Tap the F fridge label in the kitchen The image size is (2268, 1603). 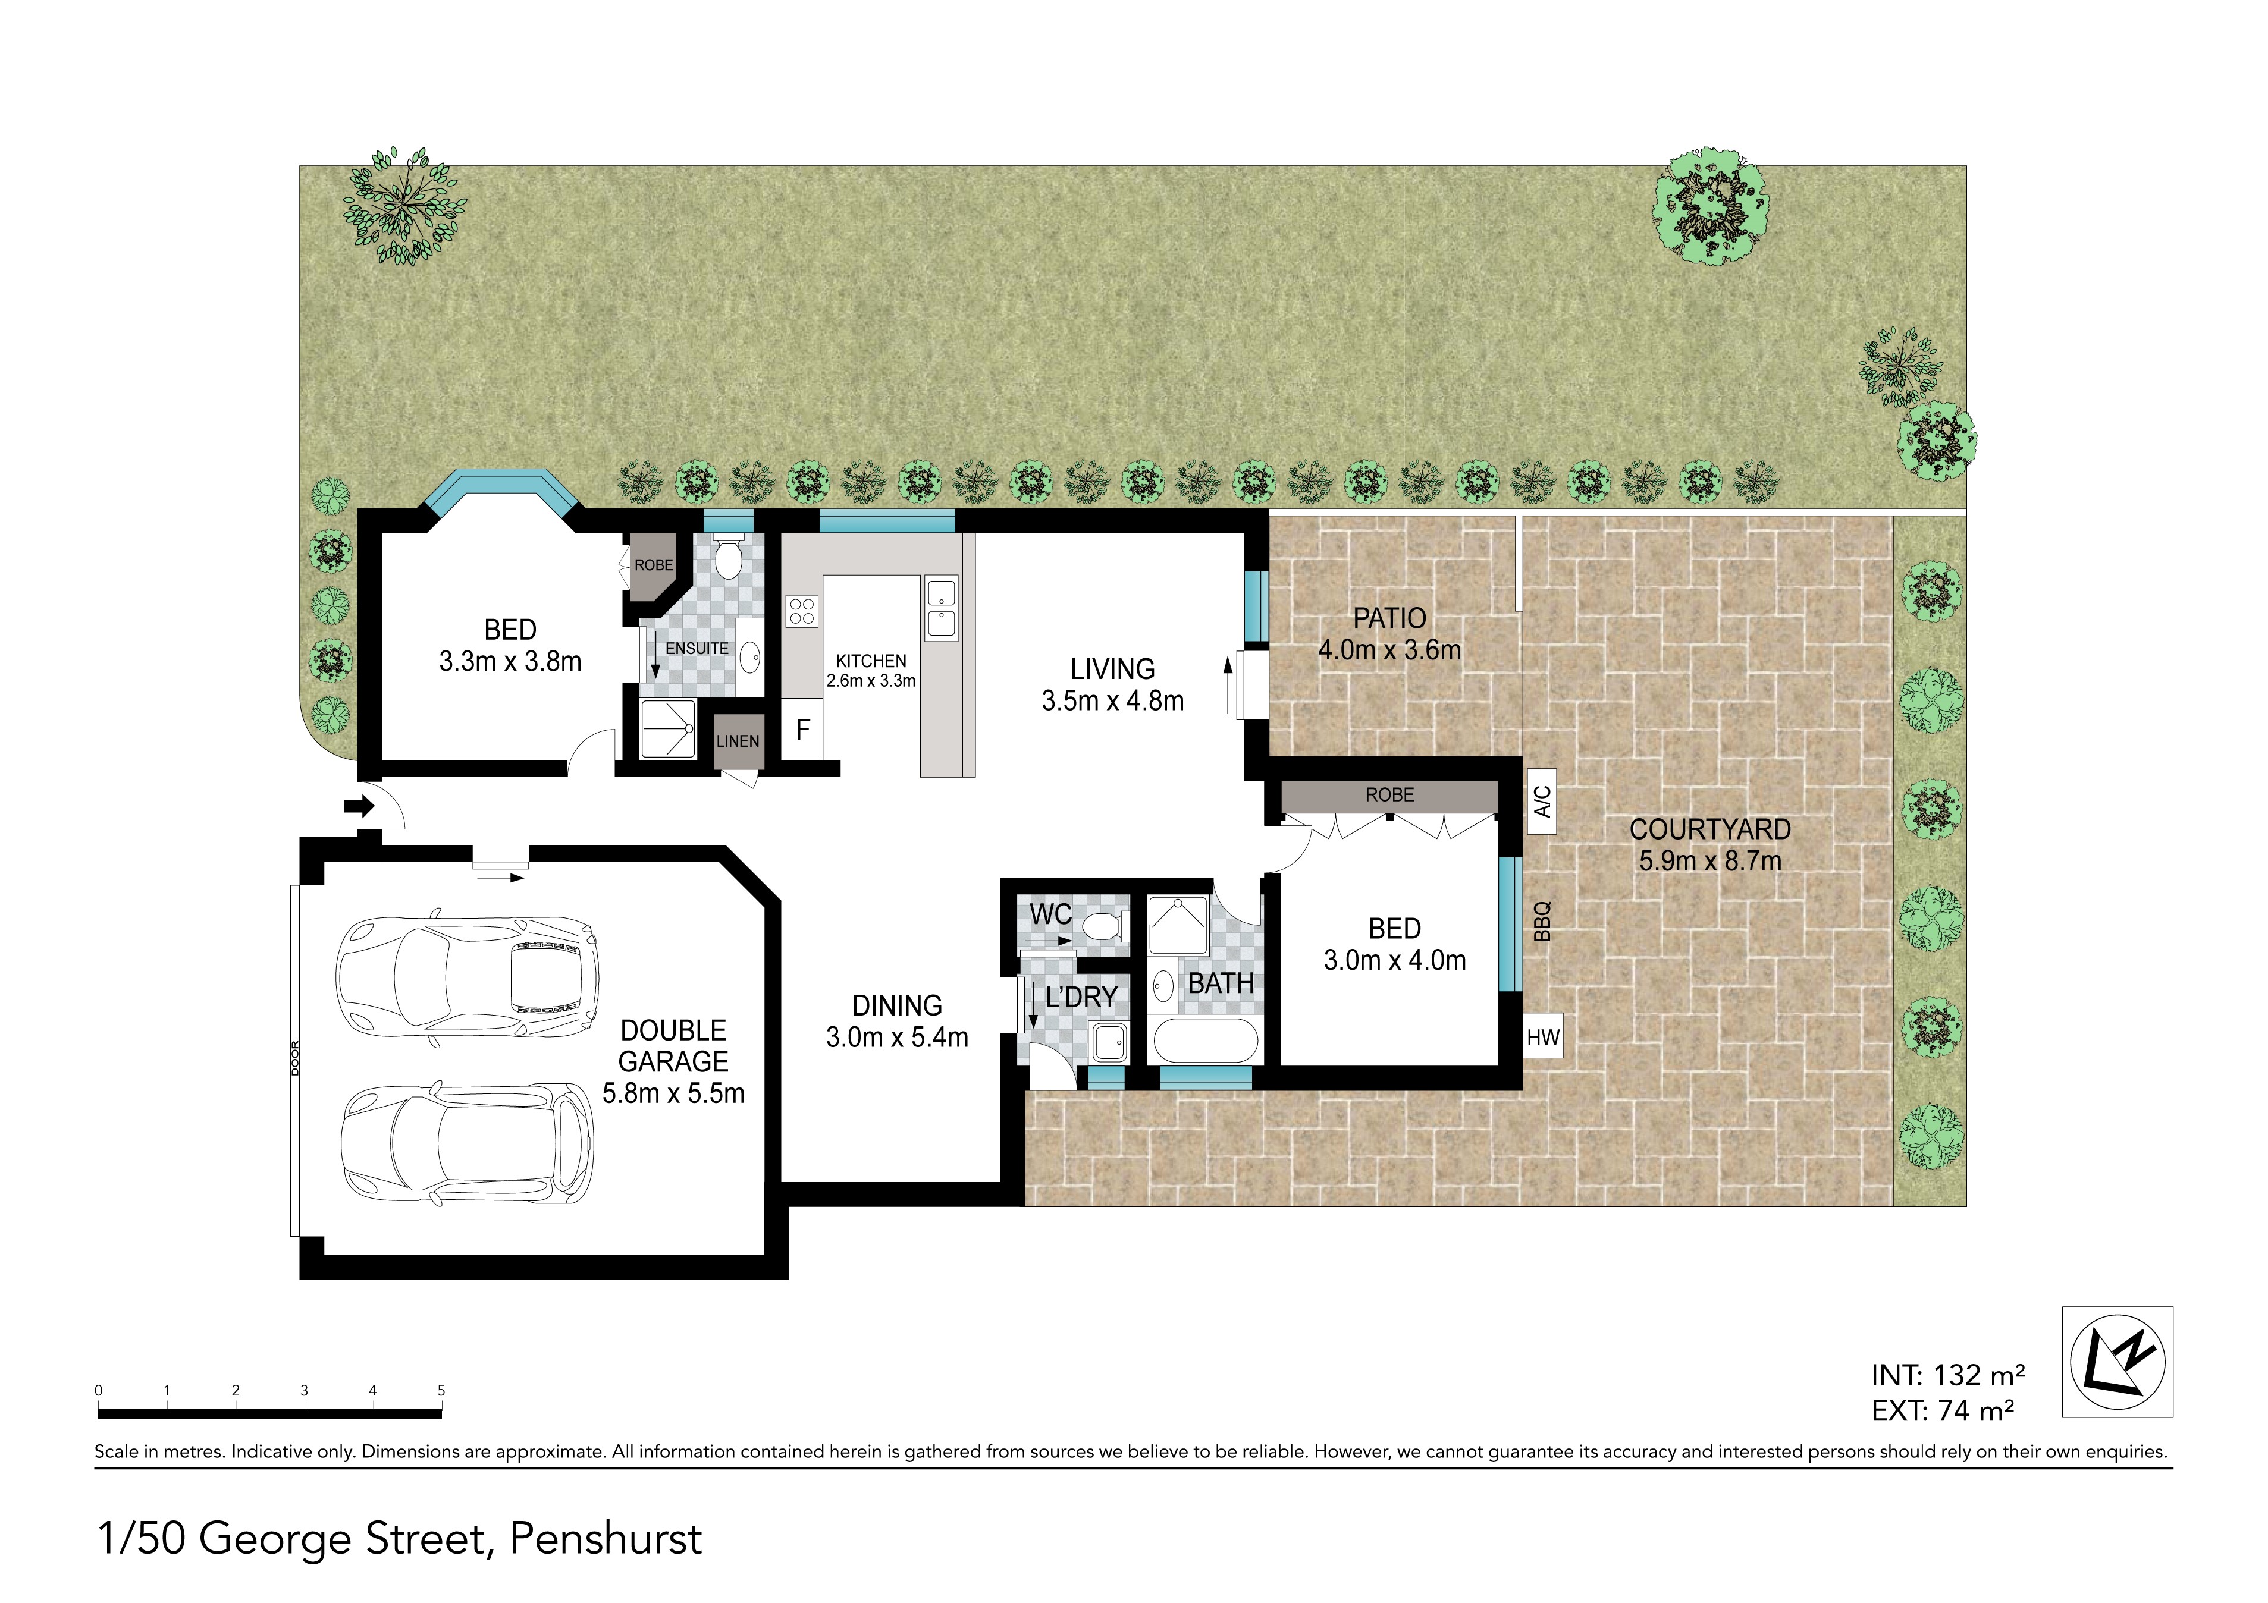pyautogui.click(x=803, y=730)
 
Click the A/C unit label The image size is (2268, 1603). pyautogui.click(x=1542, y=801)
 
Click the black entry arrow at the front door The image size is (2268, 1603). pyautogui.click(x=359, y=807)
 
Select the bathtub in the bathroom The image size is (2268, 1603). pyautogui.click(x=1204, y=1042)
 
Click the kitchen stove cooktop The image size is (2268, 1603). pyautogui.click(x=801, y=611)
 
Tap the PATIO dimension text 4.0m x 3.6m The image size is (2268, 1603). pyautogui.click(x=1389, y=650)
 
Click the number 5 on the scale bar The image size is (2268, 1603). pyautogui.click(x=441, y=1391)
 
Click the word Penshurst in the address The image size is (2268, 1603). pyautogui.click(x=606, y=1539)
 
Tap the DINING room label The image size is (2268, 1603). pyautogui.click(x=897, y=1005)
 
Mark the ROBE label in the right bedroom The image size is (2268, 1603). pyautogui.click(x=1390, y=795)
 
